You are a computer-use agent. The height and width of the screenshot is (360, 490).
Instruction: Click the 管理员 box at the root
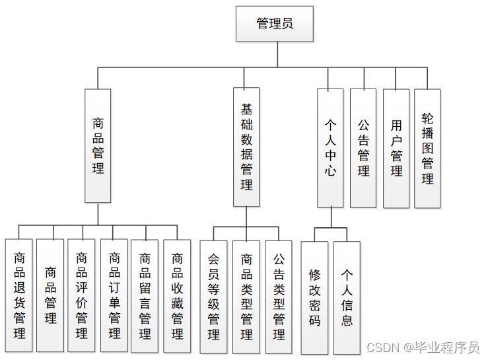tap(275, 24)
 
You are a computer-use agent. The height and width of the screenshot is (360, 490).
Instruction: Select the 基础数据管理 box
tap(246, 147)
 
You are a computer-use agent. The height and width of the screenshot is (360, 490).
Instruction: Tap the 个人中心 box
tap(330, 147)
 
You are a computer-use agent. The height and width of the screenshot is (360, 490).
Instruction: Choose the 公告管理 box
tap(363, 147)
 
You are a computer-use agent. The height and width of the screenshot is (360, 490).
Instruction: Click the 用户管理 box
tap(396, 147)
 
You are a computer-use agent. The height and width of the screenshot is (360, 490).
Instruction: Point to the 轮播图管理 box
tap(427, 147)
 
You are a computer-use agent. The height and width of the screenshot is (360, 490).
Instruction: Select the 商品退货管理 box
tap(19, 295)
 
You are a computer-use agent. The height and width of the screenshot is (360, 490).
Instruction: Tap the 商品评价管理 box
tap(81, 295)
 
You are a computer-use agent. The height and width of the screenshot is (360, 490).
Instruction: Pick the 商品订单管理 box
tap(114, 295)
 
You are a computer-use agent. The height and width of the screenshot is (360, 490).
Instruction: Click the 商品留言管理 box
tap(145, 295)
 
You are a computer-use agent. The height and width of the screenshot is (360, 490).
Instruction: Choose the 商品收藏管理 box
tap(177, 295)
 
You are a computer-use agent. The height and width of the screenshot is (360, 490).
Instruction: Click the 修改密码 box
tap(314, 297)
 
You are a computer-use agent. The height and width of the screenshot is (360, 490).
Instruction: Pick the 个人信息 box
tap(347, 297)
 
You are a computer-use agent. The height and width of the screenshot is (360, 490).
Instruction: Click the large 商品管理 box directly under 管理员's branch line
tap(98, 145)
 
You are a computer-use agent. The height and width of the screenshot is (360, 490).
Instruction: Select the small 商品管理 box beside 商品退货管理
tap(50, 295)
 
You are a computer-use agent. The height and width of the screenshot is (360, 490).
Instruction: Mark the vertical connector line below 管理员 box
tap(277, 54)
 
